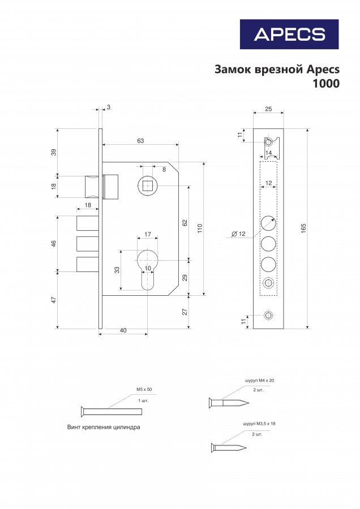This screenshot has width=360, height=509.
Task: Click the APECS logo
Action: (289, 34)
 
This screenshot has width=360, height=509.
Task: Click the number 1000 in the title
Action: (326, 84)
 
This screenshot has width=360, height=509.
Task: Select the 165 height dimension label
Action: (304, 228)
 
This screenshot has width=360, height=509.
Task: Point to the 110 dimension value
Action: (200, 228)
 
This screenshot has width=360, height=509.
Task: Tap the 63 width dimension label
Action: (140, 141)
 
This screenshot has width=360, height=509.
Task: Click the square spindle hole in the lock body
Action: (147, 186)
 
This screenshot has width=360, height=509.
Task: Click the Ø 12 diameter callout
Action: (238, 234)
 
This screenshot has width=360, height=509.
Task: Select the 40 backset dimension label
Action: (123, 330)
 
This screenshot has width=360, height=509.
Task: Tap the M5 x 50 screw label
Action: (144, 389)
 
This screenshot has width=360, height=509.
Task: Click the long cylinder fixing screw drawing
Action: (111, 412)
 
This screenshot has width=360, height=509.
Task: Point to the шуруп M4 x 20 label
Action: (259, 380)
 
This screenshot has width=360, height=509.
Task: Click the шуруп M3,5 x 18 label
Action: (259, 424)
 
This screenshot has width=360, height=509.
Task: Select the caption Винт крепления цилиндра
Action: (104, 427)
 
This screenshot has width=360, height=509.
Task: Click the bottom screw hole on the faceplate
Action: (268, 316)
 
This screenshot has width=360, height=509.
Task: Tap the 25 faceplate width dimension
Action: (268, 109)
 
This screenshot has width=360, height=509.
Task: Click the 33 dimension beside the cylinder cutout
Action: (117, 270)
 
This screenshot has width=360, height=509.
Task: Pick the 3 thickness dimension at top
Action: (109, 107)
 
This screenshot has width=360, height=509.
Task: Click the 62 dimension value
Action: (185, 223)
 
